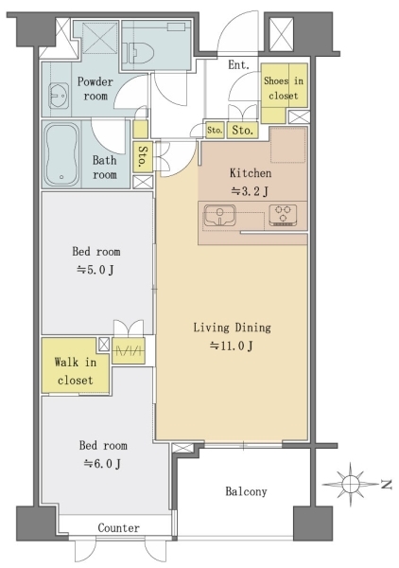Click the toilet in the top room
pos(141,54)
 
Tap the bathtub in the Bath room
pos(61,155)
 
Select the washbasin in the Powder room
pos(59,96)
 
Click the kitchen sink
pos(219,215)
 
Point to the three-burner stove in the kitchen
pos(284,215)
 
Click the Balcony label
pos(246,491)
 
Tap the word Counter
pos(118,528)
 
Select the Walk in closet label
pos(76,371)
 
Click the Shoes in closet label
pos(284,88)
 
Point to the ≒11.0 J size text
pos(232,346)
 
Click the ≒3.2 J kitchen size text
pos(250,191)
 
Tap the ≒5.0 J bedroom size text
pos(95,270)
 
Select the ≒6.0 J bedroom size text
pos(102,463)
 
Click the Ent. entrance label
pos(239,65)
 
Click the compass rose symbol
pos(350,484)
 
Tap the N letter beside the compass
pos(387,485)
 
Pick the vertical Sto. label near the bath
pos(143,156)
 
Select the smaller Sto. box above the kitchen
pos(215,130)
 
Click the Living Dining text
pos(232,328)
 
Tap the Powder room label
pos(95,89)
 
